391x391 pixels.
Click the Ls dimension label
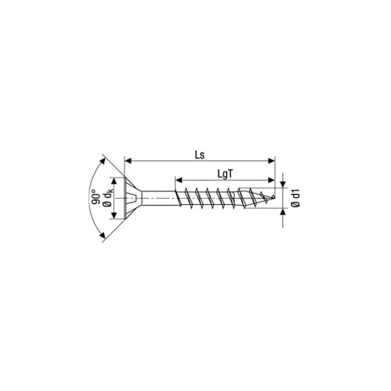(x=200, y=155)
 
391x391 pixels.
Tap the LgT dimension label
(x=225, y=174)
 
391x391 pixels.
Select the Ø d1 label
(x=296, y=198)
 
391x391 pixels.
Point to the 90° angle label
(x=96, y=198)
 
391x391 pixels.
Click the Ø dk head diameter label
(x=107, y=198)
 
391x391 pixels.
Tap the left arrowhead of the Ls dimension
(x=128, y=161)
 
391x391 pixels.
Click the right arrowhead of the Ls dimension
(x=271, y=161)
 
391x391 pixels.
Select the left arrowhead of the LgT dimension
(x=178, y=180)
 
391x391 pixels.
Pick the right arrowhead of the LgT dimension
(x=271, y=180)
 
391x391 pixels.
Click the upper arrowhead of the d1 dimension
(x=283, y=185)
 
